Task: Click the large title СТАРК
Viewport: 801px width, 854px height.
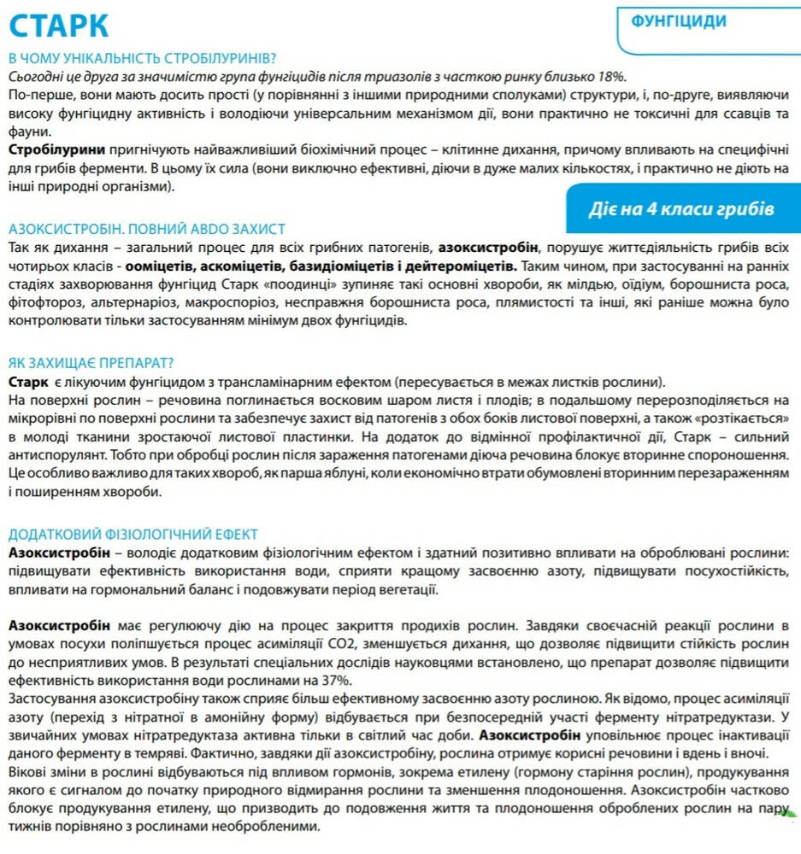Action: click(59, 25)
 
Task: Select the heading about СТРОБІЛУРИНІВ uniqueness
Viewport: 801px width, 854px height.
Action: click(142, 58)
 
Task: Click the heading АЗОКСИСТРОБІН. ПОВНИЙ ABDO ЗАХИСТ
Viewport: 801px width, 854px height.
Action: click(146, 229)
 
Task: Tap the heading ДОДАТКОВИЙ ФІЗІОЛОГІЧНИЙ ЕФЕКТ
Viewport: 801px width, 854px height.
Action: click(133, 535)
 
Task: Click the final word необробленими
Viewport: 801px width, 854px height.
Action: click(263, 827)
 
